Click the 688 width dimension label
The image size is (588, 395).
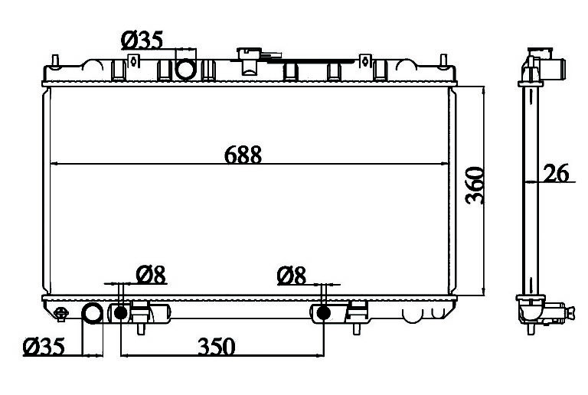tap(243, 155)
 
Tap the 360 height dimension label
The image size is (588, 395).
tap(475, 185)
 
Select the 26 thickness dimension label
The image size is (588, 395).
tap(556, 173)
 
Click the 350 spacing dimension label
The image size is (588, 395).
tap(217, 346)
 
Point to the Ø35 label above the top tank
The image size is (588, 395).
tap(142, 40)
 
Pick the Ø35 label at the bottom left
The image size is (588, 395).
tap(44, 346)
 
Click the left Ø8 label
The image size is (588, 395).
tap(151, 275)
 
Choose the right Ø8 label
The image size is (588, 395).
tap(292, 276)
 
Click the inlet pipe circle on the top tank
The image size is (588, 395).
tap(185, 70)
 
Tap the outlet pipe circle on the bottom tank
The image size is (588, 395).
tap(92, 314)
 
